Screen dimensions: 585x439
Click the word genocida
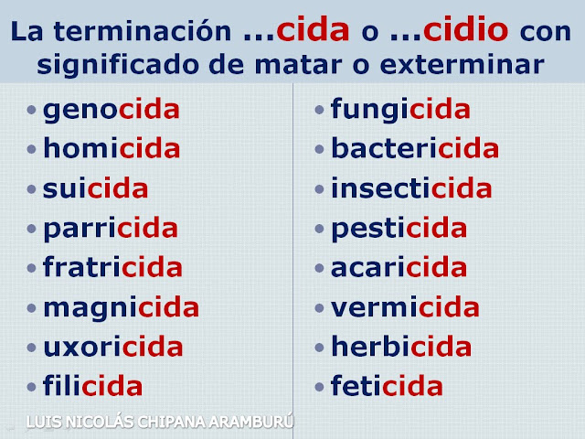coord(112,111)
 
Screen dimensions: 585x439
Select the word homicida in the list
coord(112,148)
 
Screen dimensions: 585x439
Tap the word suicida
coord(95,187)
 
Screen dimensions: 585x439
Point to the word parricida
coord(111,229)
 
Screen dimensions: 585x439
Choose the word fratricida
coord(112,266)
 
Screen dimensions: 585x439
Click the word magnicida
coord(122,308)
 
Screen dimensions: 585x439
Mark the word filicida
coord(93,385)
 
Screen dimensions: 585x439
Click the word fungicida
coord(400,110)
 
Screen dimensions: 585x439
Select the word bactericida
coord(415,148)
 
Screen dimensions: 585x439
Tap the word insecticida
coord(411,187)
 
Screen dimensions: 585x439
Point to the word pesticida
coord(399,229)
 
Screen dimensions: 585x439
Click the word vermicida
coord(405,306)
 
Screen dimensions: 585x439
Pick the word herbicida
coord(401,346)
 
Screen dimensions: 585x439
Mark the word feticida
coord(387,385)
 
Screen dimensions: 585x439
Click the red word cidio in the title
coord(466,29)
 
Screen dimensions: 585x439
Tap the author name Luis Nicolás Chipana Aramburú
coord(160,422)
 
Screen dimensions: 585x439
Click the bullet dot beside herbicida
coord(319,348)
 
